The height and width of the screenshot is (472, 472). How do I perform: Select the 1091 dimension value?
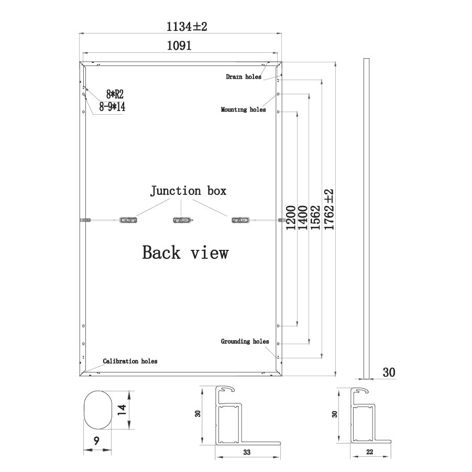179,46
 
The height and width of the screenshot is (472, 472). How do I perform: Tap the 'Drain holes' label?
243,76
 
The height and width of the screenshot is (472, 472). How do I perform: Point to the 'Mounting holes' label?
243,110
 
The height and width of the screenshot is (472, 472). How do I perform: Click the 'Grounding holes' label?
245,342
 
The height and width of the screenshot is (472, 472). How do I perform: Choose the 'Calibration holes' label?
130,361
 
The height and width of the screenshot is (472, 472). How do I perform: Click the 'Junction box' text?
189,191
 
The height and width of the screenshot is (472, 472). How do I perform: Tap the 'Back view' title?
185,253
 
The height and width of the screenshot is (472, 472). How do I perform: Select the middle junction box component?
181,220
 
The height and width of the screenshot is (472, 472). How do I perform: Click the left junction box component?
128,220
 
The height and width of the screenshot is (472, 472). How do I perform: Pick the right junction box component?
240,220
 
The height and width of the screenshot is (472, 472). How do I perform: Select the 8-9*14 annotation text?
112,107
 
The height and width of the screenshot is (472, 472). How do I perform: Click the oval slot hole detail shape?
97,410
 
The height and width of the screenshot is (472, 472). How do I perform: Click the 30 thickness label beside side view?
389,372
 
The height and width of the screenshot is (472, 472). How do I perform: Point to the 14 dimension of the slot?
121,410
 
